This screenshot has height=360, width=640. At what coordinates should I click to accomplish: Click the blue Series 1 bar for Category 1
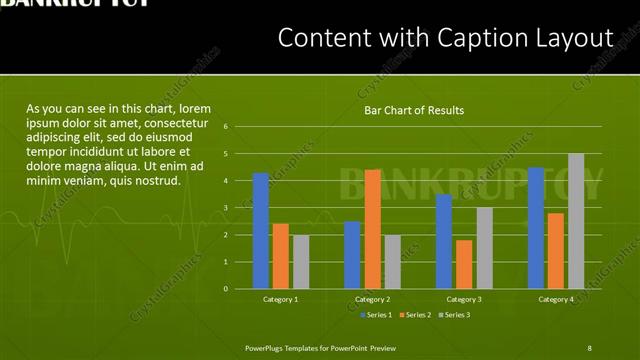(x=261, y=231)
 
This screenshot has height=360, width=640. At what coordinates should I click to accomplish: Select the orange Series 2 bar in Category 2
(x=372, y=229)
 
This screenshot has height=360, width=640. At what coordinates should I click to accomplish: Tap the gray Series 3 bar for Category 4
(x=576, y=221)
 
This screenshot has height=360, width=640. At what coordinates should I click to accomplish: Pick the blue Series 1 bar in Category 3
(x=444, y=241)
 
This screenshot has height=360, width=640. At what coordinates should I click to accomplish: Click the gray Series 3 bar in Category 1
(x=301, y=262)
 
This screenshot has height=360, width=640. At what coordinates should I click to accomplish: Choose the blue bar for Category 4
(x=536, y=228)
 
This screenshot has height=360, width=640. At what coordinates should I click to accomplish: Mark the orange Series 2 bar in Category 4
(x=556, y=251)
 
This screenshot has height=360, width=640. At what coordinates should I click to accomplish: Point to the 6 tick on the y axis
(x=226, y=127)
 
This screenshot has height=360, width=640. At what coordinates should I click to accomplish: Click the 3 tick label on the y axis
(x=226, y=208)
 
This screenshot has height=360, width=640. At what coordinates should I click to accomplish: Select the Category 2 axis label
(x=372, y=300)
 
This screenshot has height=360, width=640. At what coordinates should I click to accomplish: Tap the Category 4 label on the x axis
(x=556, y=300)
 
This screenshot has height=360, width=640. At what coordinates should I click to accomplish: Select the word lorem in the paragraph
(x=194, y=108)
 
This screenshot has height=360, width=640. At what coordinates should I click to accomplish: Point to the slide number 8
(x=590, y=347)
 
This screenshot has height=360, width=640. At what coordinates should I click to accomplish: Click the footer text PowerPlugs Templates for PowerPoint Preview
(x=321, y=347)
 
